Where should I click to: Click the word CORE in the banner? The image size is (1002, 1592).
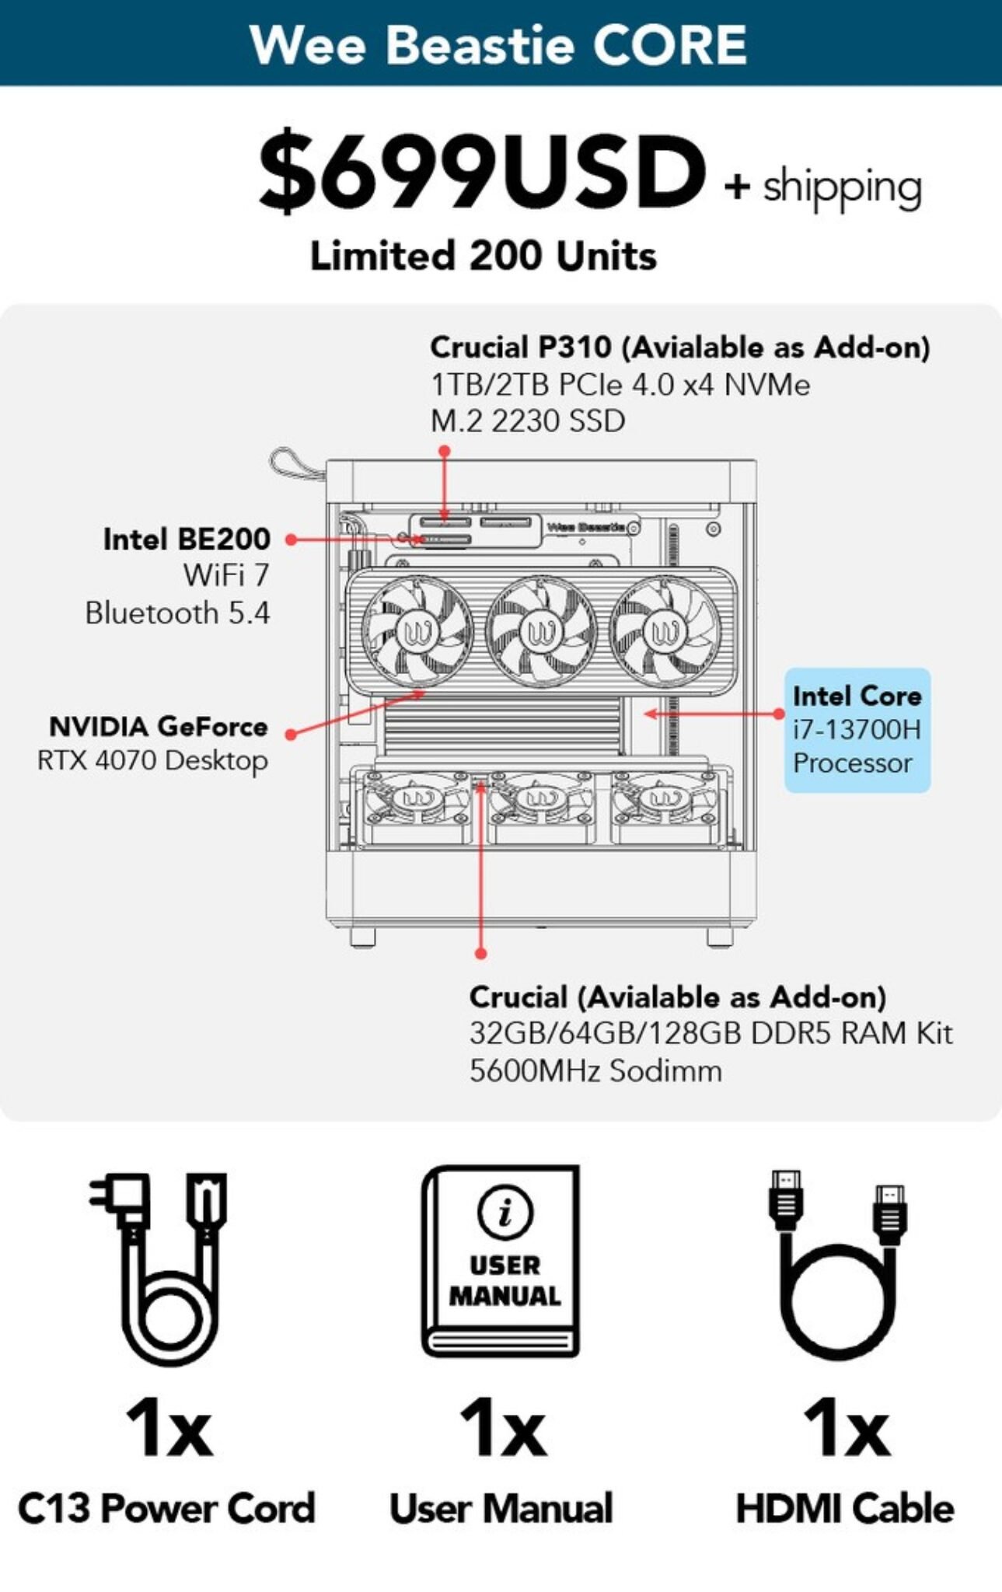[x=669, y=44]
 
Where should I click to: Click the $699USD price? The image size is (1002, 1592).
[x=482, y=172]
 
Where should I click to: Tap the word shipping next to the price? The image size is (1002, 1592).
[x=842, y=187]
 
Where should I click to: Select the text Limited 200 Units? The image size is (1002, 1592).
[x=483, y=256]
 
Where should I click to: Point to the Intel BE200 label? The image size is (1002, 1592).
[x=187, y=539]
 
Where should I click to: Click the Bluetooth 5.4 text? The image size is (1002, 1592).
[x=177, y=613]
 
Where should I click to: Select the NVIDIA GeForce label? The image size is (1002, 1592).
[x=159, y=727]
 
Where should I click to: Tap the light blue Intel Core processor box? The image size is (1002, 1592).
[x=857, y=730]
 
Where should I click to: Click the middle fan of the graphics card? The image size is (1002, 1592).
[x=540, y=632]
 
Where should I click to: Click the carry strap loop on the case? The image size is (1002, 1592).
[x=295, y=464]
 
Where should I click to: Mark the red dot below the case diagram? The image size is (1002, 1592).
[x=480, y=953]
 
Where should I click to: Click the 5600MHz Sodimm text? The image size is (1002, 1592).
[x=595, y=1071]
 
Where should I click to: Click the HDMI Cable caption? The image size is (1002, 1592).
[x=845, y=1509]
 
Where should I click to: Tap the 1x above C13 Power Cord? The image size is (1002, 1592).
[x=169, y=1428]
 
